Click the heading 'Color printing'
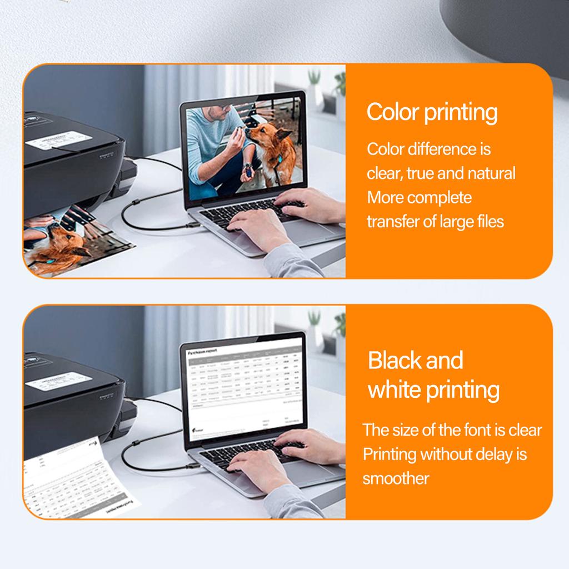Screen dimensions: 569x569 (432, 113)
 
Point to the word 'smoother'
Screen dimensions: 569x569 (396, 478)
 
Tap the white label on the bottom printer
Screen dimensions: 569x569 (58, 380)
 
